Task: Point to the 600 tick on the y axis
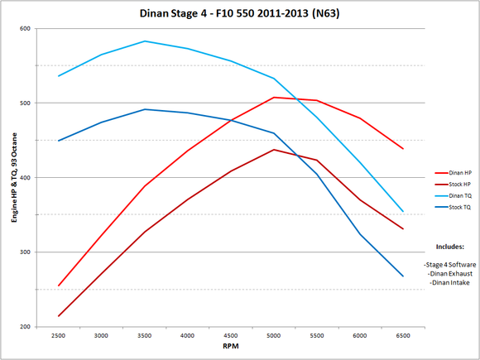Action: pyautogui.click(x=24, y=29)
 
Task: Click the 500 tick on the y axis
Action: pyautogui.click(x=24, y=103)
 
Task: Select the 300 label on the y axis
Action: pyautogui.click(x=24, y=252)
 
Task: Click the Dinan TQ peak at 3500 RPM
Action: pyautogui.click(x=145, y=41)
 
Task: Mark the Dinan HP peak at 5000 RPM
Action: pyautogui.click(x=274, y=97)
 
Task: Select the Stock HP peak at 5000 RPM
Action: pyautogui.click(x=274, y=150)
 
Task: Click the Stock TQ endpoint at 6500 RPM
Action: pyautogui.click(x=403, y=276)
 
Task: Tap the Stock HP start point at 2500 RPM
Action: pyautogui.click(x=59, y=316)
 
